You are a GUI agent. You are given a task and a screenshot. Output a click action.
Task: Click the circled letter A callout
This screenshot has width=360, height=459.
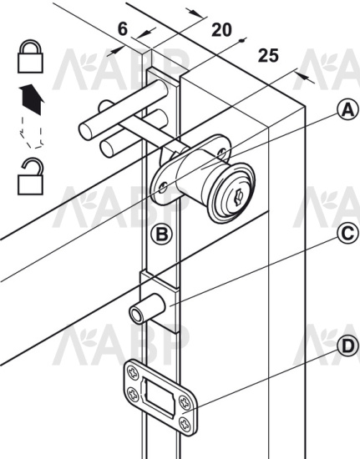tap(347, 110)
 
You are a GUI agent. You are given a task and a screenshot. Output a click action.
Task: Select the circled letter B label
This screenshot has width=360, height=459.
tap(161, 234)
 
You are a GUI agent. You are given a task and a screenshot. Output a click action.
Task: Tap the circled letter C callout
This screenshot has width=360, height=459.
tap(347, 233)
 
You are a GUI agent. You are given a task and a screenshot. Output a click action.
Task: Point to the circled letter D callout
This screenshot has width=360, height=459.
tap(347, 346)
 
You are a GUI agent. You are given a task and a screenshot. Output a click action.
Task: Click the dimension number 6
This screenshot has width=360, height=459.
tap(123, 29)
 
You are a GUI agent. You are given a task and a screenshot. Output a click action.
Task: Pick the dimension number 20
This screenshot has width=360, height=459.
tap(221, 30)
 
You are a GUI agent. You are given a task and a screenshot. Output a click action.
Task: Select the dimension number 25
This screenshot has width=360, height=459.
tap(268, 56)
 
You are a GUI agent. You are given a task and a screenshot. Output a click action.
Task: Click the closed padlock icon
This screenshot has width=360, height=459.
tap(30, 56)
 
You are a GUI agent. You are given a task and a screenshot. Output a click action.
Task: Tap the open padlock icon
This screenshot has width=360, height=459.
tap(30, 176)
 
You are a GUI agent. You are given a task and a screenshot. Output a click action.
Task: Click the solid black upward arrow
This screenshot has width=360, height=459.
tap(32, 99)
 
